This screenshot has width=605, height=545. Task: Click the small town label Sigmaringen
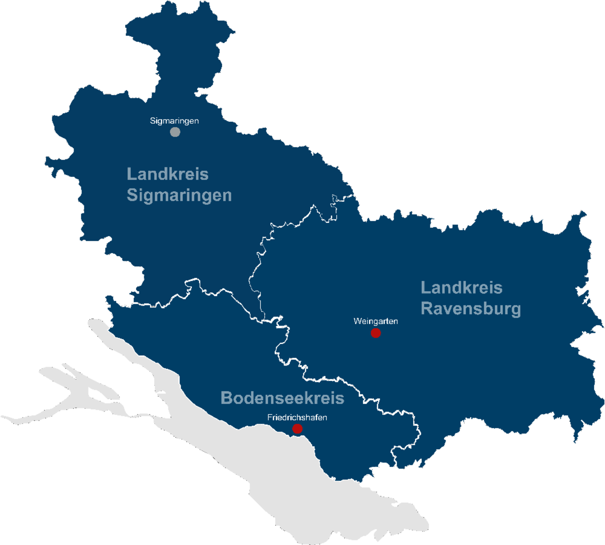click(174, 121)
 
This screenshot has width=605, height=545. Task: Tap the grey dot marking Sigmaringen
click(175, 132)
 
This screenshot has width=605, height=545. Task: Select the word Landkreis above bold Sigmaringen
click(167, 174)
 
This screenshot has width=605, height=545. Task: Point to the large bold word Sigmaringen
click(179, 195)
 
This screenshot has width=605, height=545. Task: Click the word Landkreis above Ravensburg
click(461, 288)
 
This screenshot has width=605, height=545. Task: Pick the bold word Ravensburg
click(471, 308)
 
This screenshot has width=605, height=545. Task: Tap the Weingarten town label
click(376, 321)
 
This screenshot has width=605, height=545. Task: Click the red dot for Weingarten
click(376, 333)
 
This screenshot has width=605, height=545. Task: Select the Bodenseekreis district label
click(282, 398)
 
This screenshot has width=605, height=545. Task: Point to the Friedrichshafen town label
click(297, 418)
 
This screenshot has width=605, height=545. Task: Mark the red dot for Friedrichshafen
click(297, 429)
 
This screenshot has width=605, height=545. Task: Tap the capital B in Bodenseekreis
click(226, 398)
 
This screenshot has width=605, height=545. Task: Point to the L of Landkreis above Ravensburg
click(425, 288)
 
